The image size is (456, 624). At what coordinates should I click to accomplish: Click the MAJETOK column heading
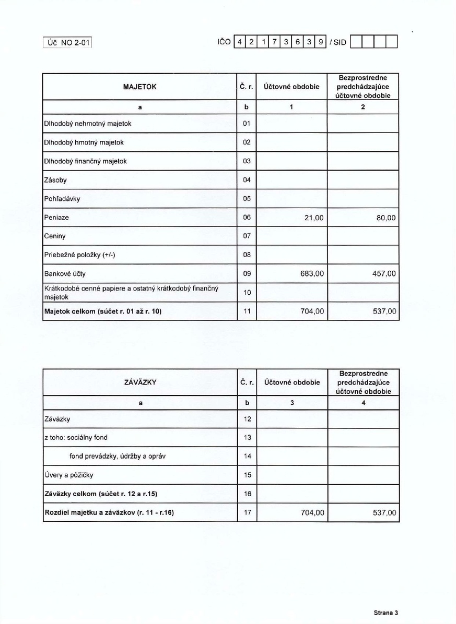point(139,87)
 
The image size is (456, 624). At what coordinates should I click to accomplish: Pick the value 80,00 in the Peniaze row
point(385,217)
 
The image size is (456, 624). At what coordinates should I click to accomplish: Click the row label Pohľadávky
point(62,198)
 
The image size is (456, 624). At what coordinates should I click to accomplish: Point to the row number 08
point(247,255)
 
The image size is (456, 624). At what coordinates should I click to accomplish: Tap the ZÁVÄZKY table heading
point(139,382)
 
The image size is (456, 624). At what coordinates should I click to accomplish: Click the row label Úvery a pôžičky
point(69,475)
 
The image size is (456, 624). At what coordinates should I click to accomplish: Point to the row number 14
point(247,456)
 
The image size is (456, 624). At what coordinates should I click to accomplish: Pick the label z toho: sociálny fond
point(76,437)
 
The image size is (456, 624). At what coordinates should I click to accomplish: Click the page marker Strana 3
point(385,613)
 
